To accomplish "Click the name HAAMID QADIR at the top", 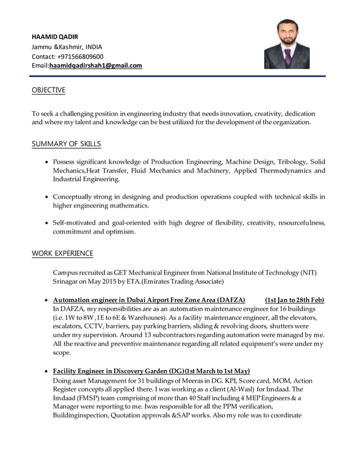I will (x=55, y=37).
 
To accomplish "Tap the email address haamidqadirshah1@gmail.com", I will (x=96, y=65).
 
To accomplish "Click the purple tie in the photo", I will (x=288, y=56).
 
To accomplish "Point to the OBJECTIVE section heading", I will (x=49, y=90).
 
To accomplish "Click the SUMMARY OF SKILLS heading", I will (x=67, y=144).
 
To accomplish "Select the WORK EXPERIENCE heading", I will (x=63, y=253).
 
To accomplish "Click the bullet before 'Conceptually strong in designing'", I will (x=47, y=197).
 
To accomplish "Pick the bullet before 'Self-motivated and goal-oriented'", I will (x=47, y=223).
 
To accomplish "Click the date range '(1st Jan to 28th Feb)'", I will (x=295, y=300).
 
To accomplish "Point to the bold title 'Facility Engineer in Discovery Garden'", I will (x=111, y=371).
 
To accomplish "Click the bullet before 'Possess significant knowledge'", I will (x=47, y=162).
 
